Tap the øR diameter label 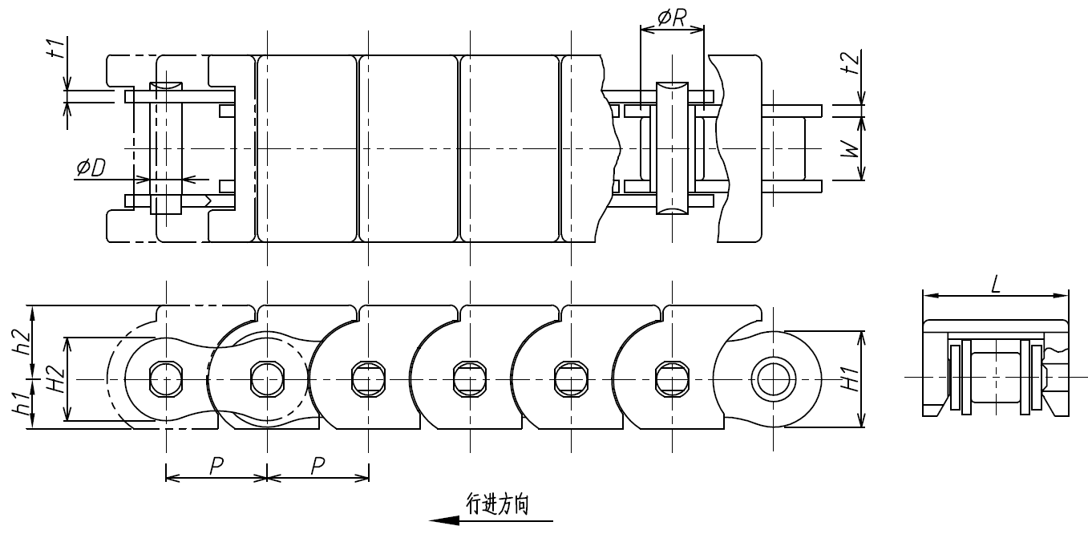670,18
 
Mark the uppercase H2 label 55,379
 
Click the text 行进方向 497,504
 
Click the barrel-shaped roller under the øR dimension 672,148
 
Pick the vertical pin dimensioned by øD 166,148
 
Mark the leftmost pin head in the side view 166,378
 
